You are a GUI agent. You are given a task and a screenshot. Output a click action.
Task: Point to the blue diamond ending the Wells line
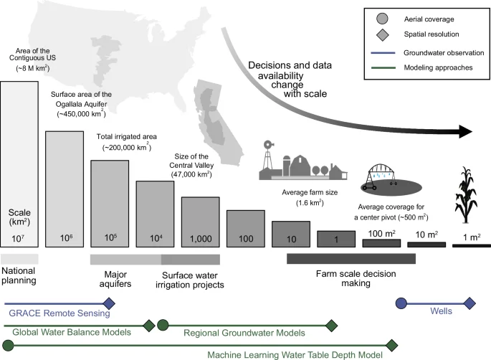pos(469,304)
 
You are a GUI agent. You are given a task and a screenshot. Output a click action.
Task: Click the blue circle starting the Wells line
pos(402,304)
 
